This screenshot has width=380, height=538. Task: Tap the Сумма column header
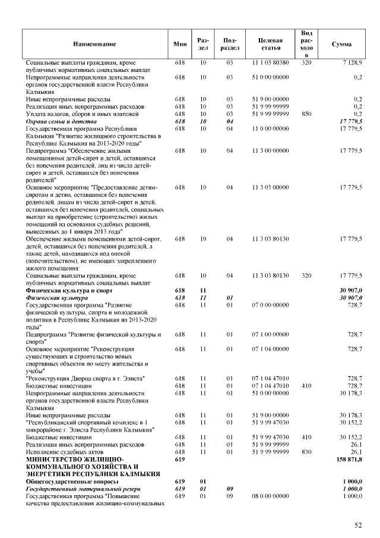click(x=341, y=44)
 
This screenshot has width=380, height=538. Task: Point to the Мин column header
click(x=180, y=44)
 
